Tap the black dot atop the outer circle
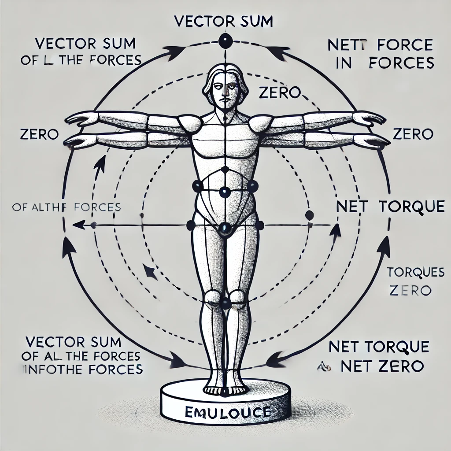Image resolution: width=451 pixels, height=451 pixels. (225, 42)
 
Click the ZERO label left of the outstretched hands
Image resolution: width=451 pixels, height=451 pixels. (40, 134)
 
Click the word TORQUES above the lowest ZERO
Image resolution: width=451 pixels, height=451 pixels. (409, 272)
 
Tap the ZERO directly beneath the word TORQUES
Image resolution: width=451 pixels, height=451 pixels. (410, 290)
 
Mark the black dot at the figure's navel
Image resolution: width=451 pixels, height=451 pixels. (225, 192)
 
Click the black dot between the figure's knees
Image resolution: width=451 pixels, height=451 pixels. (225, 303)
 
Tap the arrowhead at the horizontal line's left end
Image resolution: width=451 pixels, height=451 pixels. (78, 225)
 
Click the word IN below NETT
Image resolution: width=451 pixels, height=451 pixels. (340, 63)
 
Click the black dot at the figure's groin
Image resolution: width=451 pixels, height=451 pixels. (225, 227)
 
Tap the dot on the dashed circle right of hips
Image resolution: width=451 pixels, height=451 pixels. (309, 215)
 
